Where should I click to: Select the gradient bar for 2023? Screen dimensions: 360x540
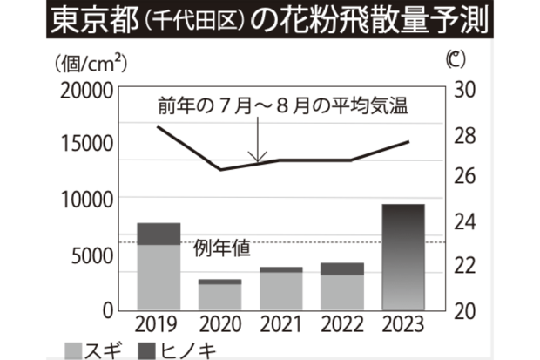[403, 257]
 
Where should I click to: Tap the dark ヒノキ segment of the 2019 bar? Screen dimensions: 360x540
[159, 234]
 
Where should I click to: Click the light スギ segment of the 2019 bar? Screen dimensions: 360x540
[159, 277]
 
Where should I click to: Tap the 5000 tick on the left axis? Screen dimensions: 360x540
[93, 255]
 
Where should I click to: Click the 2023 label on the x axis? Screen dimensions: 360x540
[403, 325]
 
